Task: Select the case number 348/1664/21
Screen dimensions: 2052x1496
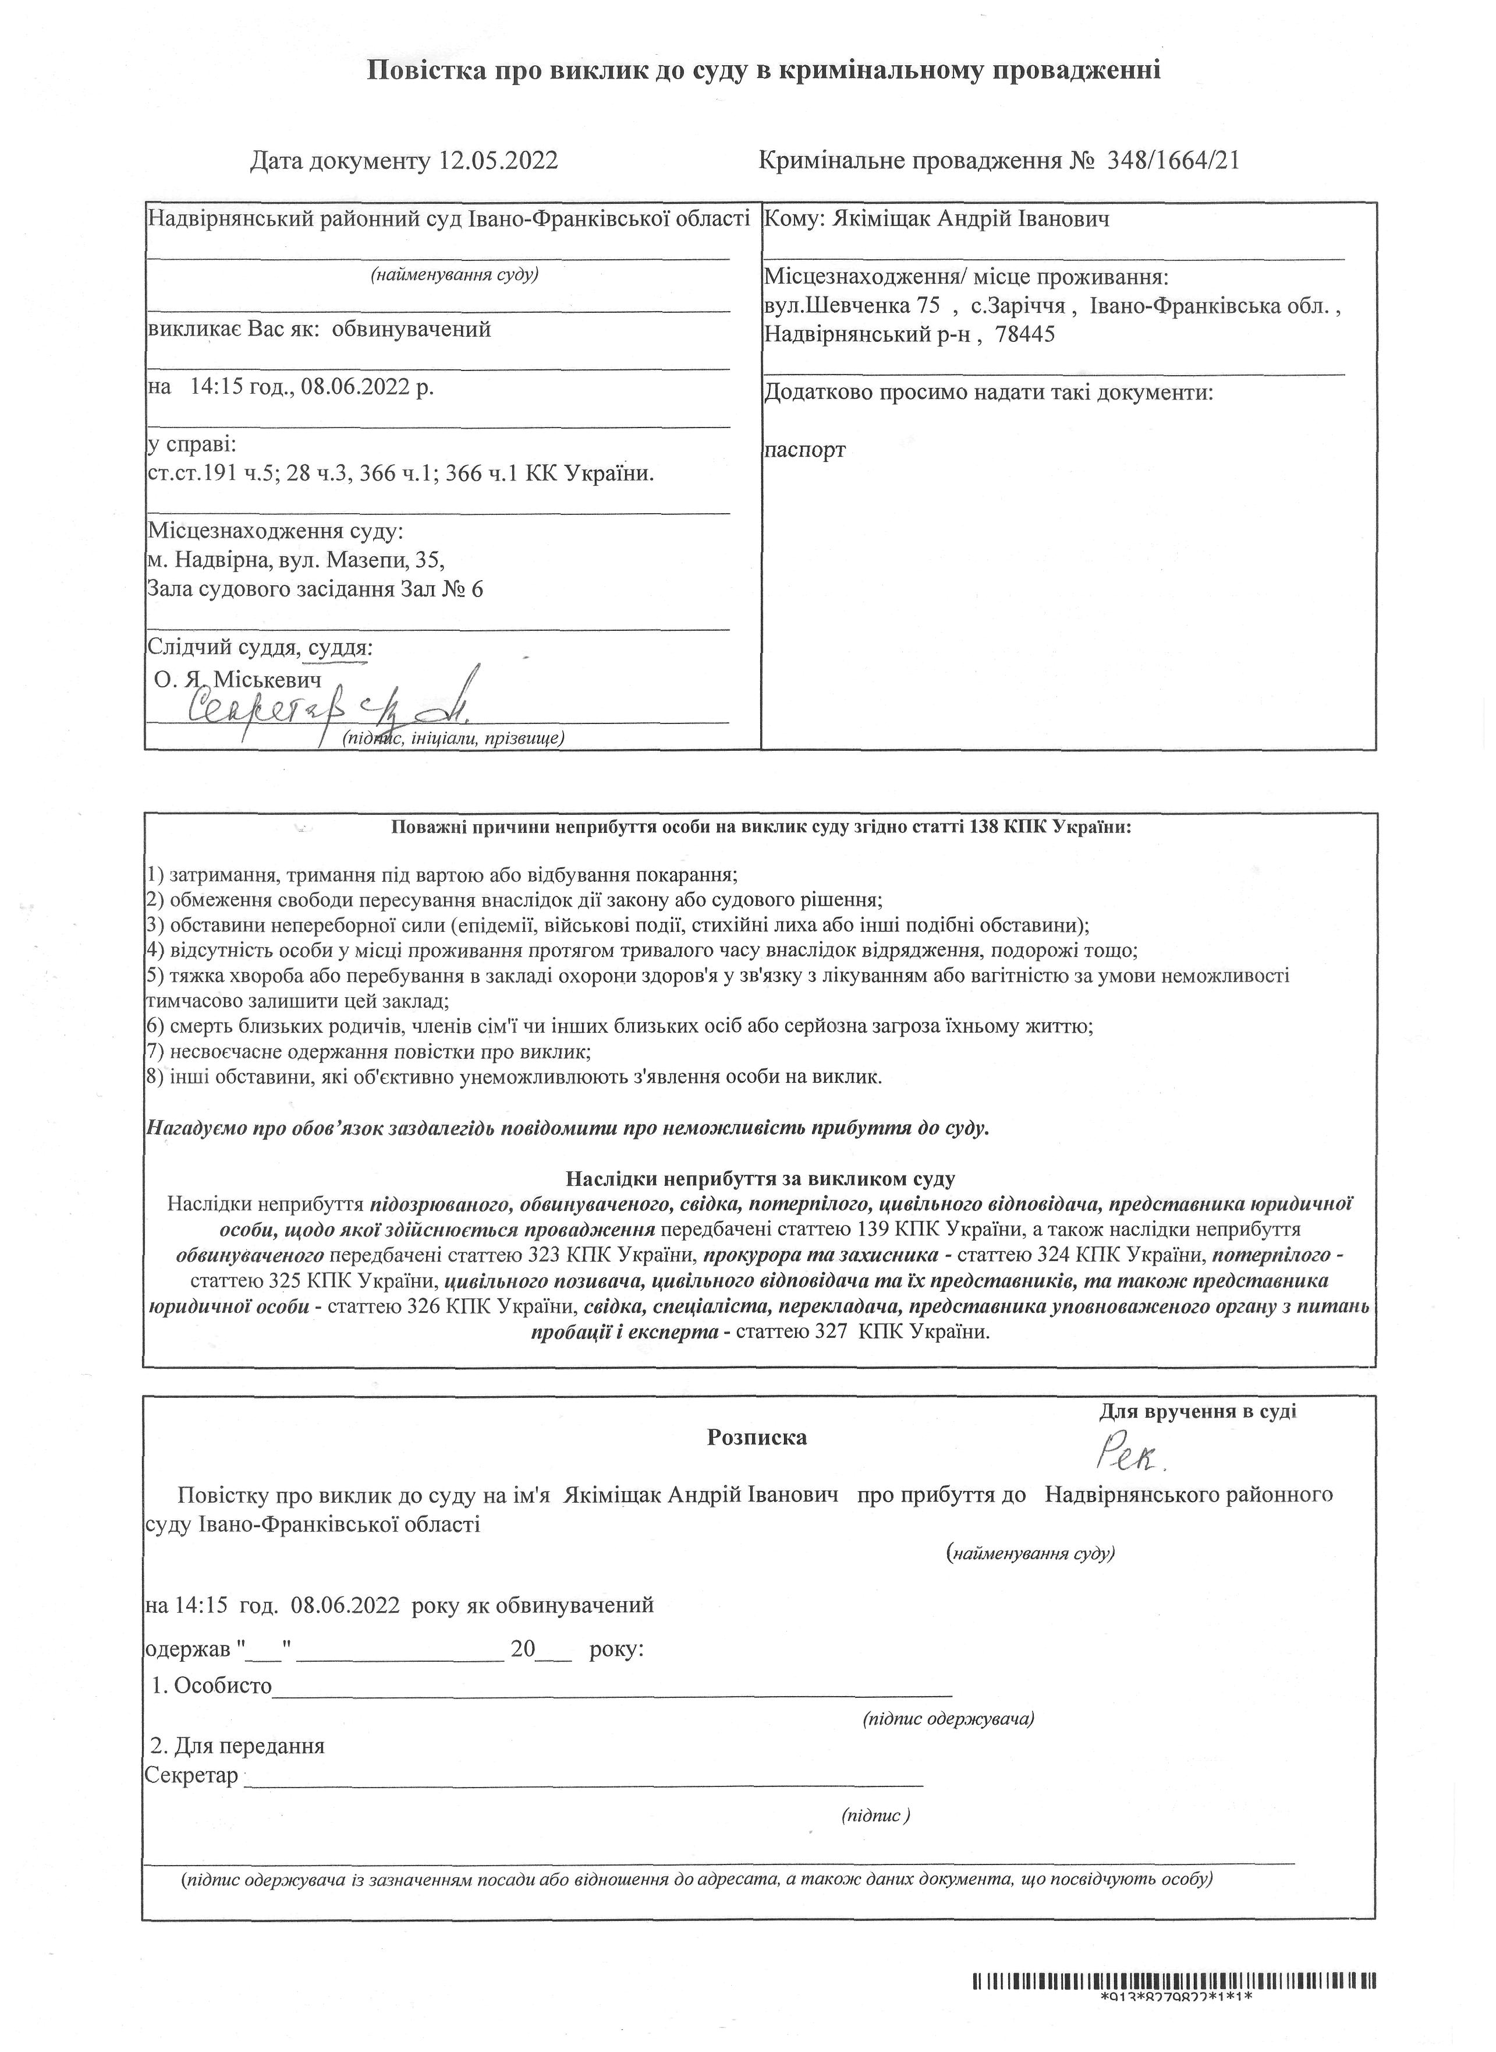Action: (x=1172, y=161)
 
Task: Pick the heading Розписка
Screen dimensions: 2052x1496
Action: (x=757, y=1438)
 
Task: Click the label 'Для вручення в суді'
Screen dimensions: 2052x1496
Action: (x=1197, y=1411)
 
